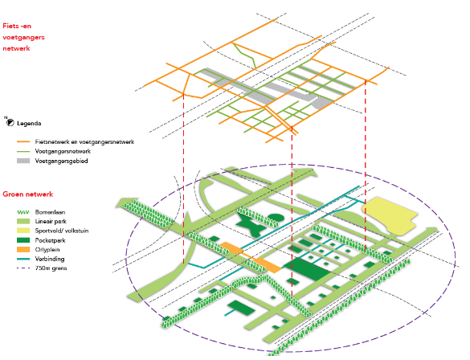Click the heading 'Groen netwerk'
click(28, 194)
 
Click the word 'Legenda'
click(29, 124)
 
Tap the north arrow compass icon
click(10, 122)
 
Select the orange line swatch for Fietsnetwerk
click(23, 141)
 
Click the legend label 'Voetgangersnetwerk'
click(63, 151)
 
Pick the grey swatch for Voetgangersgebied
click(23, 161)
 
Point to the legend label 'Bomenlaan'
click(50, 212)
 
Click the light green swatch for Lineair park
click(23, 222)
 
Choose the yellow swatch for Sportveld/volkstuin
click(23, 231)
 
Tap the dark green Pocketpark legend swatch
click(23, 240)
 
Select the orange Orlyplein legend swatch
click(23, 249)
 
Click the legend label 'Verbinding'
click(50, 259)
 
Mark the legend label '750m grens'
click(51, 268)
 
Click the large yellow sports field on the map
click(389, 215)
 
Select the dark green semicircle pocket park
click(275, 217)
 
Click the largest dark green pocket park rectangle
click(307, 269)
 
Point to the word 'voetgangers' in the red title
click(23, 38)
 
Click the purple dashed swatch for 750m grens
click(23, 268)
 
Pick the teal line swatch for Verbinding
click(23, 259)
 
